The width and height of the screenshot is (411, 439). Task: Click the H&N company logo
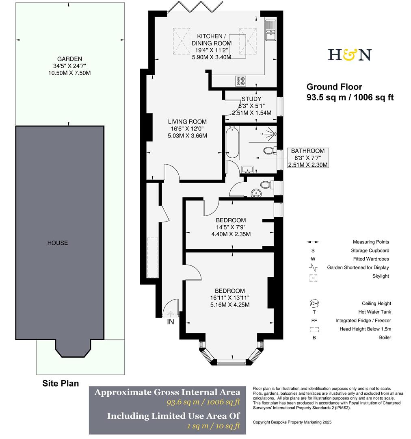(x=350, y=54)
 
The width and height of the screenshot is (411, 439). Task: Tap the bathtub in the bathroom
(x=233, y=143)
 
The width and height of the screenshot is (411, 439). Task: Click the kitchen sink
(x=270, y=31)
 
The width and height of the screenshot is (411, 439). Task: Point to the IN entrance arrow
(x=171, y=314)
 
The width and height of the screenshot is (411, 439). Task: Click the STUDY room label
(x=251, y=99)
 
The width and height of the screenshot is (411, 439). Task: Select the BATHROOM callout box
(x=308, y=158)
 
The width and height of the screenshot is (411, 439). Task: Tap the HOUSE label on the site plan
(x=58, y=243)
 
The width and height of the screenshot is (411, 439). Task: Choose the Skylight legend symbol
(x=313, y=278)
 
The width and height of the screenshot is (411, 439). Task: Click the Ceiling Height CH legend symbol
(x=314, y=303)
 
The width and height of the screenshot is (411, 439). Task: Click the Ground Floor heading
(x=334, y=87)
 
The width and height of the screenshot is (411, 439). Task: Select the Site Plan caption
(x=61, y=383)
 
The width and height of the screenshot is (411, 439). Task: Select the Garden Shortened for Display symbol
(x=313, y=267)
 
